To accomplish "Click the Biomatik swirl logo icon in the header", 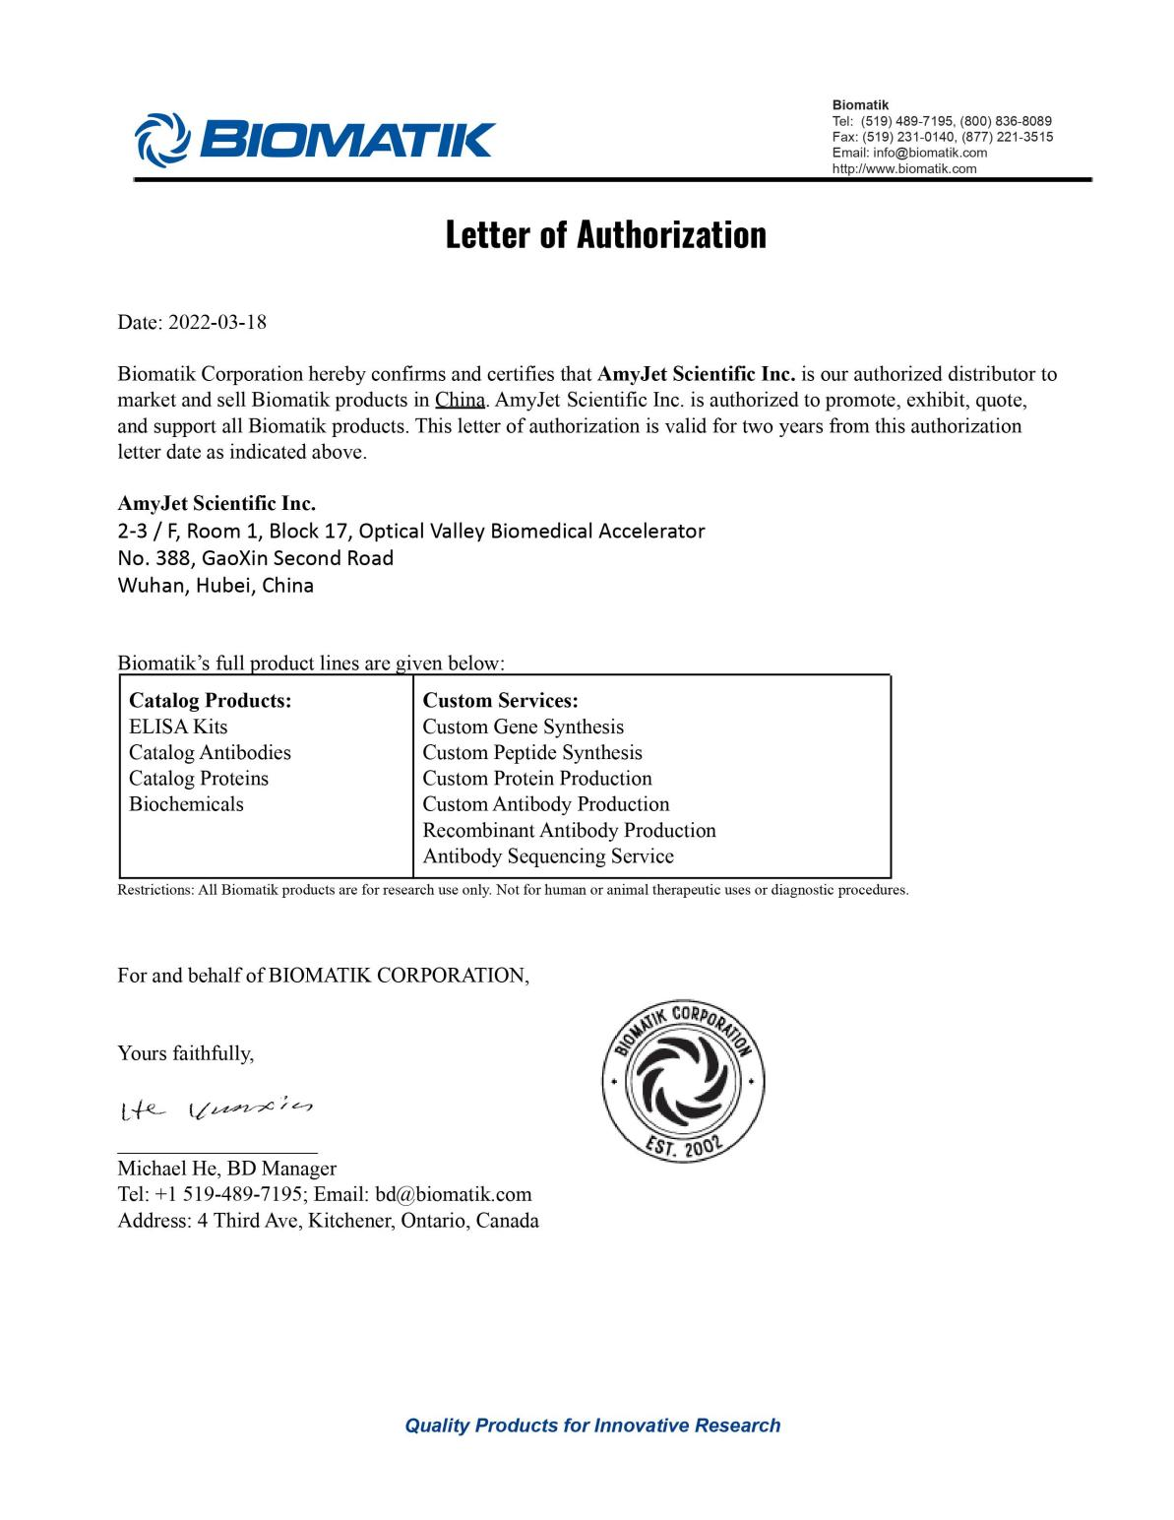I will (x=159, y=138).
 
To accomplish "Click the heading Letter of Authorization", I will (x=605, y=235).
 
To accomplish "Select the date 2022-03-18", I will (x=217, y=322).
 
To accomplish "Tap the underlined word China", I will (x=460, y=401).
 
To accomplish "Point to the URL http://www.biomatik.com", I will (x=904, y=168).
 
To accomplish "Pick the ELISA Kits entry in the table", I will (x=178, y=727).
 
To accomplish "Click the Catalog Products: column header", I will (x=211, y=701).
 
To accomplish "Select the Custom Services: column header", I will (x=500, y=701).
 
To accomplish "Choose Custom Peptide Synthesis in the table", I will (x=531, y=752).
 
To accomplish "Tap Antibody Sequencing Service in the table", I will (x=548, y=855).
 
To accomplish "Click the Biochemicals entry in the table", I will (x=186, y=803).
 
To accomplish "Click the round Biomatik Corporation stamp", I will (x=683, y=1083).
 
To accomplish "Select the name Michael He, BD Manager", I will (x=226, y=1169).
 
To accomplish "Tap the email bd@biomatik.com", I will (x=453, y=1194).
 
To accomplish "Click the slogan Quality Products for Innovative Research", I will (x=592, y=1425).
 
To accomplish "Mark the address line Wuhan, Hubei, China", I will (x=216, y=586).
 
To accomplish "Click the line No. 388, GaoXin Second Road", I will (x=255, y=558).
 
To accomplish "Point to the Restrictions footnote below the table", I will (x=513, y=890).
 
